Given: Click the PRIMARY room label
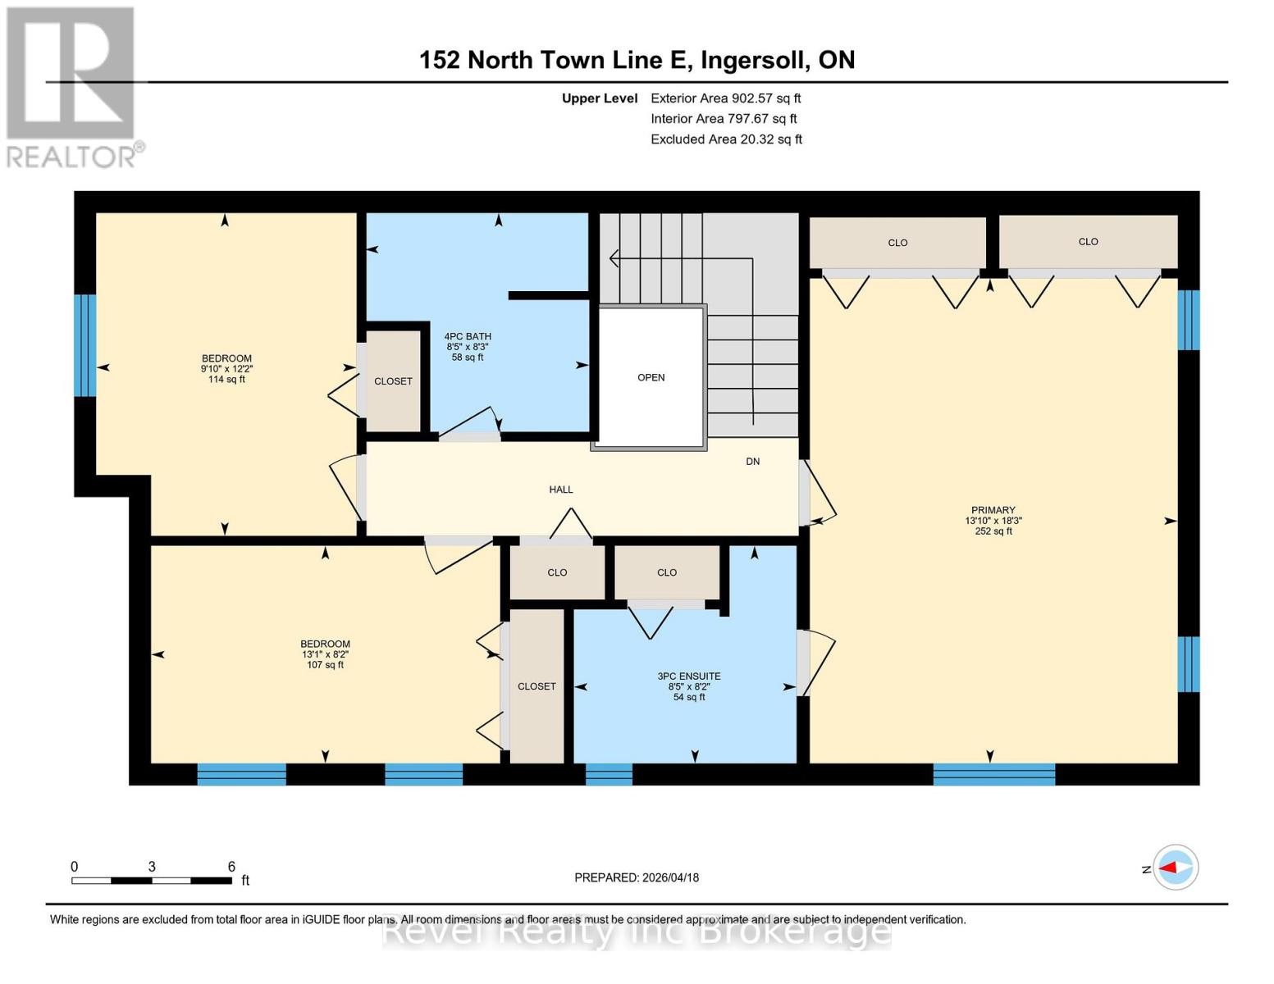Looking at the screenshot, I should coord(993,510).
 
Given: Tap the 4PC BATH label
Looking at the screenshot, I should coord(468,336).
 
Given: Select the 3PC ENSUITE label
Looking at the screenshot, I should coord(689,676).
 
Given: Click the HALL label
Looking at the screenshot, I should coord(561,490).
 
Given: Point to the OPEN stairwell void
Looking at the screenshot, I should coord(651,378).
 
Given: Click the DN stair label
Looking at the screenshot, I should coord(752,462).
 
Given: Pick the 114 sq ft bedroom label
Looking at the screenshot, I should coord(226,368).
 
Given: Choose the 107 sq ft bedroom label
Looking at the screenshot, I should coord(325,654).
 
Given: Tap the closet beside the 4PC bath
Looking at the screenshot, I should coord(393,381).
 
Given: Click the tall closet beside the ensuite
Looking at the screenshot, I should coord(537,686).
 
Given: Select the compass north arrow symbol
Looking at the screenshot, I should coord(1176,868).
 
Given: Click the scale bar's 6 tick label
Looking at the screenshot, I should coord(231,867).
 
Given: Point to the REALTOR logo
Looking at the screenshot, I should coord(72,86).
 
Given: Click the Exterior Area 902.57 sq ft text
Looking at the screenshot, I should coord(725,98).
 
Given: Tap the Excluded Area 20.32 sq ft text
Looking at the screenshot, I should coord(726,139).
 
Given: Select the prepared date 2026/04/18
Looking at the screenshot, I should coord(637,877).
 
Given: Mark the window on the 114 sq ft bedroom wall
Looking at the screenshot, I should coord(85,345).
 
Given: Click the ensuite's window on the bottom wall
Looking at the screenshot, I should coord(609,774).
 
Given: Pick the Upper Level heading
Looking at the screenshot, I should coord(599,98).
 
